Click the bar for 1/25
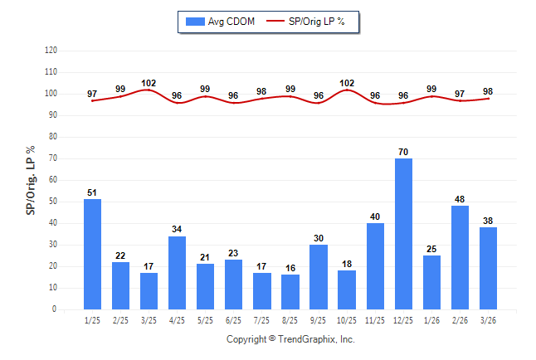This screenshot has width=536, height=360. [93, 254]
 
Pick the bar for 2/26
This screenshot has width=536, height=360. [460, 257]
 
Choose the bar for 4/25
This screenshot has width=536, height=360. [178, 273]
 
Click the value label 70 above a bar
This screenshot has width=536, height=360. [403, 152]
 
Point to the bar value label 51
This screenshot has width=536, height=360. [93, 193]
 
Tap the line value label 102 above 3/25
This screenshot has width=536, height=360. [149, 83]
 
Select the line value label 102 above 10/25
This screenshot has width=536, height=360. [347, 83]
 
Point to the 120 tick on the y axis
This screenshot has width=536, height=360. [51, 51]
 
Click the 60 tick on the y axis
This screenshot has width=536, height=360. [53, 180]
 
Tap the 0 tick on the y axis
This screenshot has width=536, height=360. [55, 309]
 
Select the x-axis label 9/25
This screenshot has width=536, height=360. [319, 319]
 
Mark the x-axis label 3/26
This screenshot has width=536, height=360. [488, 319]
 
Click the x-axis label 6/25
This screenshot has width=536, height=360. [234, 319]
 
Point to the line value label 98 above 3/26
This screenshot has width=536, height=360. [488, 91]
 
